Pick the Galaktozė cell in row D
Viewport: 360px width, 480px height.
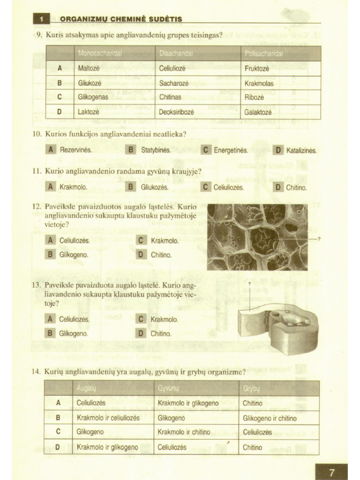click(259, 112)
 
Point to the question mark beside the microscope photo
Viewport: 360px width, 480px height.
click(319, 239)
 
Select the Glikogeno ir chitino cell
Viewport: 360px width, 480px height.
click(270, 418)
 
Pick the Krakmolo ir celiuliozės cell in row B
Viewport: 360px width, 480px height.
click(108, 418)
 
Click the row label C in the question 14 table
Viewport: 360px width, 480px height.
click(58, 432)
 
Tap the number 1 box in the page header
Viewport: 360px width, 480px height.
click(42, 19)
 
